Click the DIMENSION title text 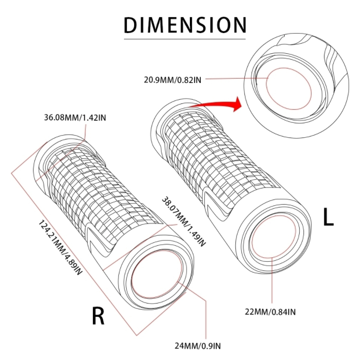click(x=185, y=25)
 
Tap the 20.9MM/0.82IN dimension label click(x=173, y=80)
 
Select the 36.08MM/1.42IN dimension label click(x=75, y=118)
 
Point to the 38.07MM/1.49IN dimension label click(x=184, y=221)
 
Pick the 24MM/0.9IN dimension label click(x=197, y=346)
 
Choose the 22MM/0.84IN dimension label click(x=270, y=312)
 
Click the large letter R click(x=98, y=316)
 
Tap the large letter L click(x=328, y=217)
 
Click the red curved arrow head click(x=236, y=105)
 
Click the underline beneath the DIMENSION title click(x=185, y=39)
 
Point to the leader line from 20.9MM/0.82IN click(x=237, y=79)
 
